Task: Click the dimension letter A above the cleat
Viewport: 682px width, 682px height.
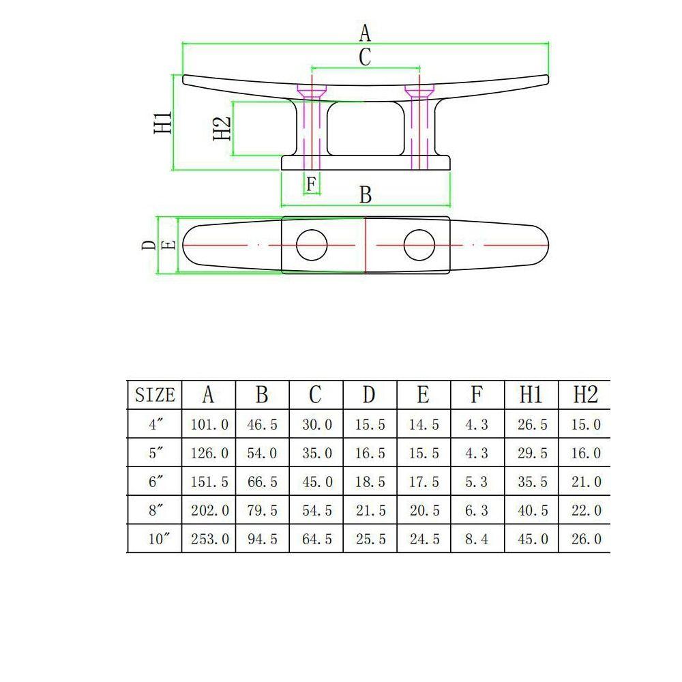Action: click(x=365, y=32)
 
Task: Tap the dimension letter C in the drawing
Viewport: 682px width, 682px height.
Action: click(x=365, y=57)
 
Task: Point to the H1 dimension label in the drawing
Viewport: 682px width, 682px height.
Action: click(x=163, y=123)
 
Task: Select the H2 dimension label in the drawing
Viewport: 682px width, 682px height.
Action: click(x=222, y=128)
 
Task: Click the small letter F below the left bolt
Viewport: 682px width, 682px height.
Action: click(x=311, y=183)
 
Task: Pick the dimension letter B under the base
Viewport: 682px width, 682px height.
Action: click(x=366, y=195)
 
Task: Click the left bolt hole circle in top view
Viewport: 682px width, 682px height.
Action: click(x=312, y=244)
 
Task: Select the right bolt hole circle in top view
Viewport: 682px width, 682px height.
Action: click(x=419, y=244)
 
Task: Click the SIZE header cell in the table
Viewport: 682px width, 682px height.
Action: click(x=155, y=395)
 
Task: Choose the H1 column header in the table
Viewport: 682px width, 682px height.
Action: click(x=531, y=395)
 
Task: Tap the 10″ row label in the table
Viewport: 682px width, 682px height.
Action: click(x=156, y=539)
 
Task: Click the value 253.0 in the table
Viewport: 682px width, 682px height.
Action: click(x=209, y=539)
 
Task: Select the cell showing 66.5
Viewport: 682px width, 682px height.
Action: click(x=263, y=481)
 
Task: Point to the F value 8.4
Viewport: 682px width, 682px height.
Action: click(x=477, y=539)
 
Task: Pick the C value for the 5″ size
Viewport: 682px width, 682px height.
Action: click(x=316, y=453)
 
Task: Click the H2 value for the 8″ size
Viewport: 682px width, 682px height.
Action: click(x=585, y=510)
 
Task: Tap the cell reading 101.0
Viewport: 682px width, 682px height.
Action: click(x=209, y=424)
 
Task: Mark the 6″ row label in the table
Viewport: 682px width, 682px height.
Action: click(x=156, y=481)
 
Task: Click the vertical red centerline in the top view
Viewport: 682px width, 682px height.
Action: click(x=366, y=245)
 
